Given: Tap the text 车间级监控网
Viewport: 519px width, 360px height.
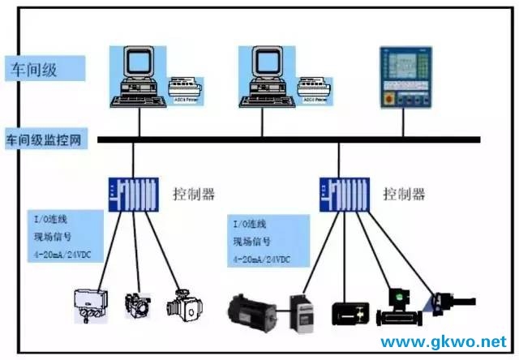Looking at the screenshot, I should click(45, 139).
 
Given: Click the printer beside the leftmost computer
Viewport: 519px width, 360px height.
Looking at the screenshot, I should click(185, 88).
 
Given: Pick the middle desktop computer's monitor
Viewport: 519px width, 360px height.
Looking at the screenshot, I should click(264, 65).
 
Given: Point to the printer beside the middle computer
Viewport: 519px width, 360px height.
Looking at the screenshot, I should click(315, 88).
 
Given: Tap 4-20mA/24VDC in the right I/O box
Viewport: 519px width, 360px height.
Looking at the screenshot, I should click(261, 259).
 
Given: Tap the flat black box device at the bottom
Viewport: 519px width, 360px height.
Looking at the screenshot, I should click(350, 312).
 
